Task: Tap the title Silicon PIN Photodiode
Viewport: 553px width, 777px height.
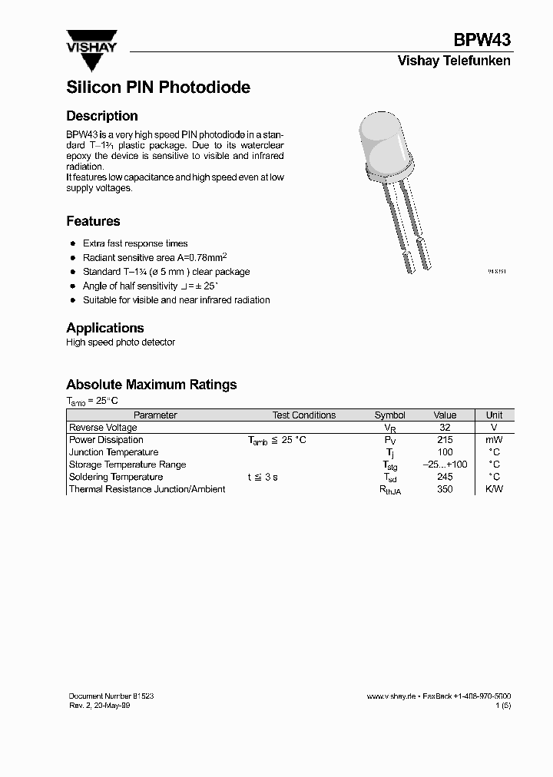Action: point(158,88)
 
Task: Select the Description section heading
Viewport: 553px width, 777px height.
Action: point(102,116)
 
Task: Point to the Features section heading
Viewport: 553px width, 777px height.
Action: point(93,221)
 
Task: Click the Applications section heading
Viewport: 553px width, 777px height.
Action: point(105,328)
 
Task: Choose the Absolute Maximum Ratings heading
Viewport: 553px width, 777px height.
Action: point(151,385)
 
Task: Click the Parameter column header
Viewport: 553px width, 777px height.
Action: point(155,415)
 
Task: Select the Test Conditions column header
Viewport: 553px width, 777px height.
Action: point(304,415)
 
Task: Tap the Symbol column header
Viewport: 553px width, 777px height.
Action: point(389,415)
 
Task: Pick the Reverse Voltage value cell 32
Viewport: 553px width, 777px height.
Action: point(445,428)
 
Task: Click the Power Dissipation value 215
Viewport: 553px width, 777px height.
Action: point(445,440)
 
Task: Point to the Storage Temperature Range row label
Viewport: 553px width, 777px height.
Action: point(127,465)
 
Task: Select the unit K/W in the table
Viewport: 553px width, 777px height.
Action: point(494,489)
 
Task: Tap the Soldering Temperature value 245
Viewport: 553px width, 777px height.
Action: point(445,477)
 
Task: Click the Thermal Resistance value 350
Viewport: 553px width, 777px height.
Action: point(445,489)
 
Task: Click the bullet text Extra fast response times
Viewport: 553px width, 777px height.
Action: point(135,243)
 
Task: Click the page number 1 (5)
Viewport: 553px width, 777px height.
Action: point(502,705)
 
